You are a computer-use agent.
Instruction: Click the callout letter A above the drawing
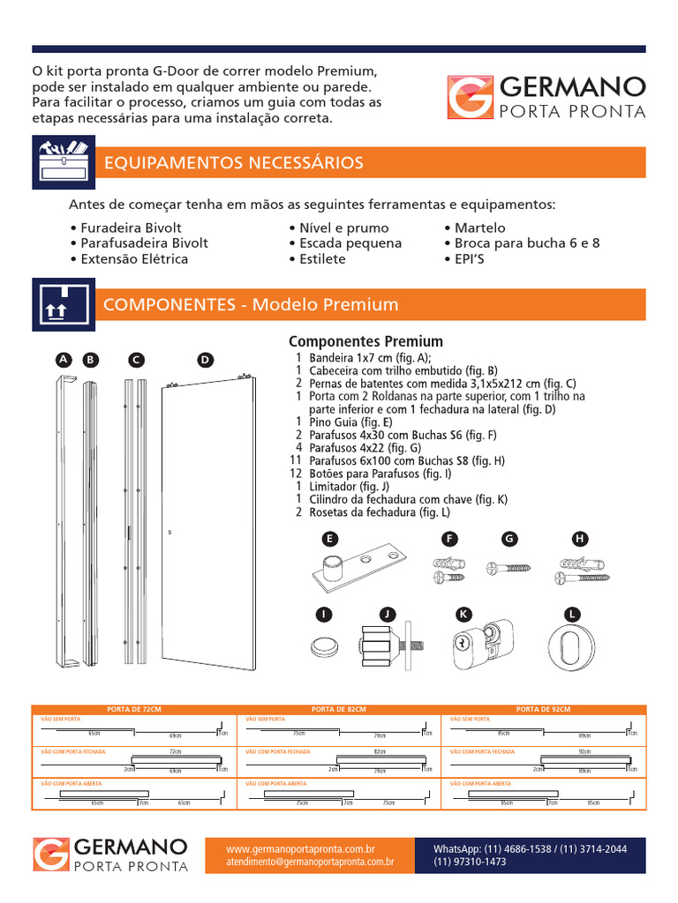[x=63, y=360]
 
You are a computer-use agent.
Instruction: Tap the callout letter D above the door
[x=205, y=360]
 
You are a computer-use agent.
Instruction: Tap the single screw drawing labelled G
[x=508, y=570]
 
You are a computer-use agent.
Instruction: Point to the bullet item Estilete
[x=317, y=259]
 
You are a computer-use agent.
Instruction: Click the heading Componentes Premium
[x=366, y=341]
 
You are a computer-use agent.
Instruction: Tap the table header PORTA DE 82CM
[x=338, y=710]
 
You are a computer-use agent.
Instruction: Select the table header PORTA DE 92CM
[x=543, y=710]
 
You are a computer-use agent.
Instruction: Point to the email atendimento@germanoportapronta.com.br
[x=309, y=862]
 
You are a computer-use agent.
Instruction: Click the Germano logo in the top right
[x=546, y=97]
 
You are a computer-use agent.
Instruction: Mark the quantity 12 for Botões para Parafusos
[x=297, y=473]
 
